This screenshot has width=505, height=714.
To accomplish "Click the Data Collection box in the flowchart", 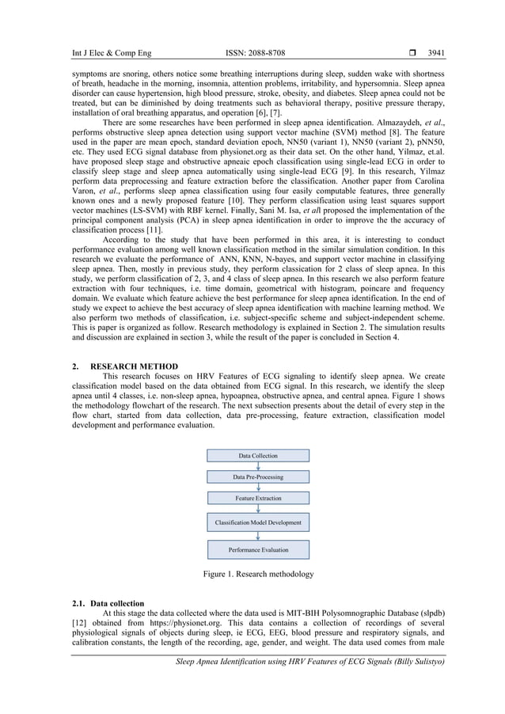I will pos(258,456).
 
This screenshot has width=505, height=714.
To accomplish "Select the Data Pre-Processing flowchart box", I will pos(258,477).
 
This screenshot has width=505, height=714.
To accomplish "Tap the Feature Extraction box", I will pos(258,499).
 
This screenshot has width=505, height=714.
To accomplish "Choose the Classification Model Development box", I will pos(258,523).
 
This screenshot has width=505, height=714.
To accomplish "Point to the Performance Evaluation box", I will pos(258,549).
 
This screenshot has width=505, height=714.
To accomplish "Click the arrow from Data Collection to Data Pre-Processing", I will pos(258,466).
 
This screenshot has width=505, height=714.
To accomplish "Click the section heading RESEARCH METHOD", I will pos(134,366).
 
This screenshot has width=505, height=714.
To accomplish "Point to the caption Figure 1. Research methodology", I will pos(258,574).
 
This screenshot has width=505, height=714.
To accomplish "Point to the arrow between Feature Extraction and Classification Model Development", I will pos(258,510).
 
